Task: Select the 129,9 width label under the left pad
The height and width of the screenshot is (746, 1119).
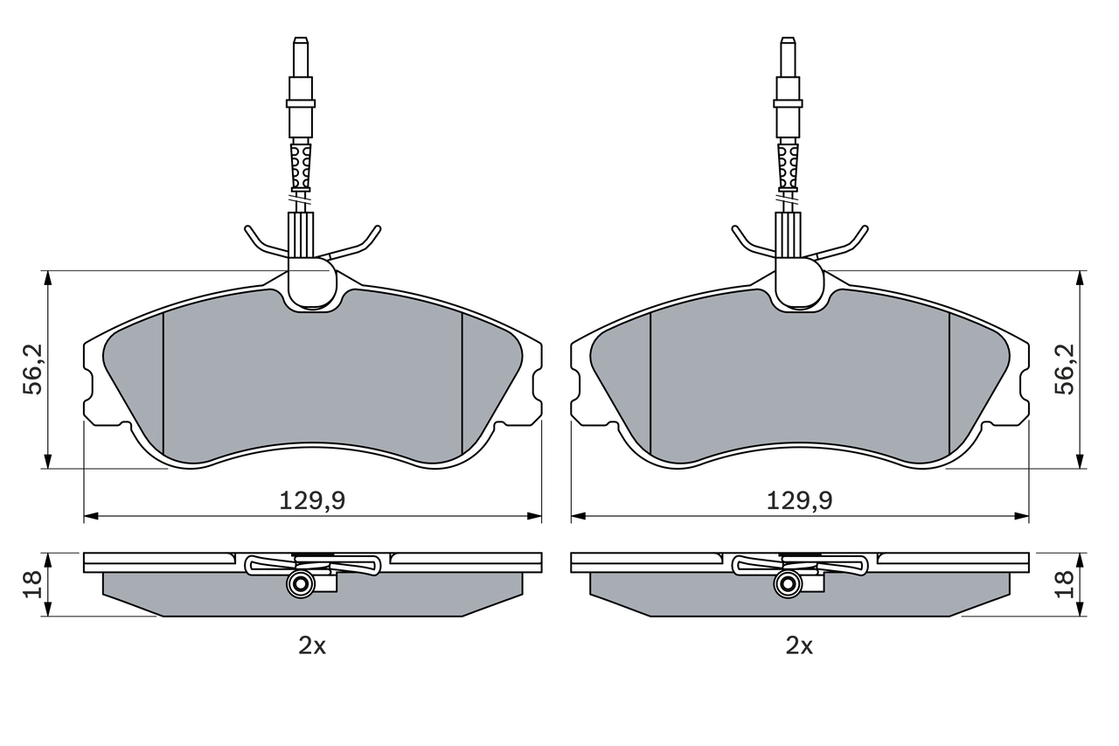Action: click(312, 500)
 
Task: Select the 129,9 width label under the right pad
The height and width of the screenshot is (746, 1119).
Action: click(799, 500)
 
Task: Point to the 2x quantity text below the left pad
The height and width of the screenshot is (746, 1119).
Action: click(312, 646)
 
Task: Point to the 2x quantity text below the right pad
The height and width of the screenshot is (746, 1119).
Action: click(799, 646)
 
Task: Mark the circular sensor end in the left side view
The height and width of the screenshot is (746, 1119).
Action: click(300, 585)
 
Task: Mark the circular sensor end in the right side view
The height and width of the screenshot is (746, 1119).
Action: click(787, 585)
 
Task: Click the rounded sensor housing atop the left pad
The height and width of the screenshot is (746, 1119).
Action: click(310, 284)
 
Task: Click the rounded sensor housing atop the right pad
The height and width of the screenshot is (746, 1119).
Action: click(798, 284)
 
